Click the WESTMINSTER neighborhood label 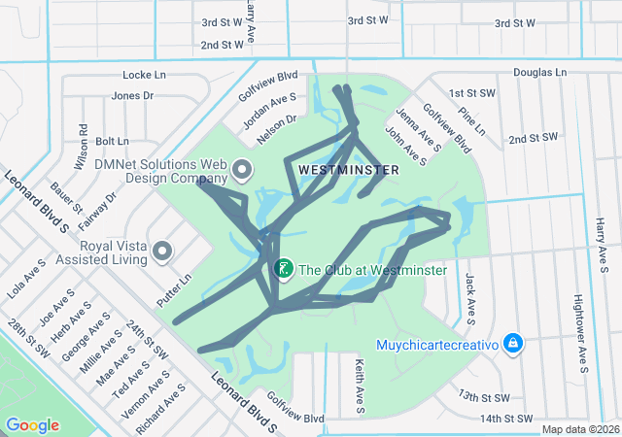coord(349,170)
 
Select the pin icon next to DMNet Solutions coord(242,172)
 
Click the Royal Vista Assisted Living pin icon coord(162,252)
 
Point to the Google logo coord(32,425)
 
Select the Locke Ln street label coord(145,75)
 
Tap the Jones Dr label coord(132,95)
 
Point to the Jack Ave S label coord(470,297)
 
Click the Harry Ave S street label coord(602,238)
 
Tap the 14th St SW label coord(505,419)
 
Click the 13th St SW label coord(483,397)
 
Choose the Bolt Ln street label coord(112,141)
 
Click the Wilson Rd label coord(83,143)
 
